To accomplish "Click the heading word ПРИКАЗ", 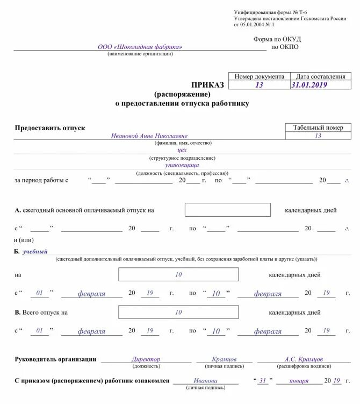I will [209, 85].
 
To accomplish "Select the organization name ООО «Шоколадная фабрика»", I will [140, 47].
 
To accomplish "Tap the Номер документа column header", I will [259, 77].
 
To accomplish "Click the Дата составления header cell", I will [320, 77].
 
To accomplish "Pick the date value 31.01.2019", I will [309, 85].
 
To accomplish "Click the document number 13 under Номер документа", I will [259, 85].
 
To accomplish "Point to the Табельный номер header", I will [318, 127].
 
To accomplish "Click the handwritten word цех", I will [182, 151].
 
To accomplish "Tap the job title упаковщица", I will [182, 166].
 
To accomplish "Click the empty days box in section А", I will [227, 210].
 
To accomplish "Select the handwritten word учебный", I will [35, 251].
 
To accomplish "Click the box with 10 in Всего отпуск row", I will [178, 312].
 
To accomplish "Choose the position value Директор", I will [146, 359].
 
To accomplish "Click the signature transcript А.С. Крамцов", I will [304, 359].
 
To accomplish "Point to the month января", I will [298, 380].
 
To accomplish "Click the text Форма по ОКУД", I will [277, 39].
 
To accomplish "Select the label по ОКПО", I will [285, 47].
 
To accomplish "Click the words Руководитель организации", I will [55, 359].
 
